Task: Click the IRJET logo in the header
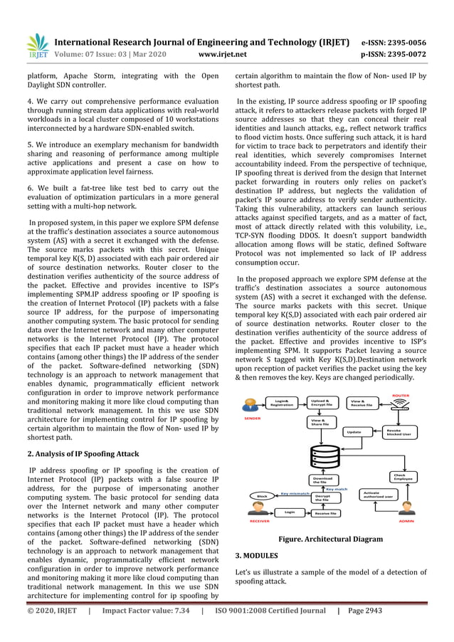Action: click(37, 45)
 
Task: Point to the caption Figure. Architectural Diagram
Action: click(329, 540)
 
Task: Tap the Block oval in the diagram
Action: click(261, 495)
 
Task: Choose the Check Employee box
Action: click(402, 477)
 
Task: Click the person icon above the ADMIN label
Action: click(408, 507)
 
